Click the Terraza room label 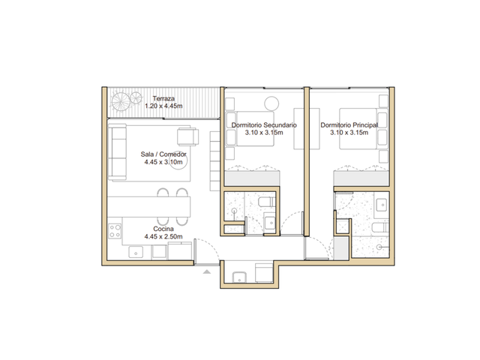pos(163,98)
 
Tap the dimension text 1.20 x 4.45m pos(163,106)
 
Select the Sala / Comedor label pos(163,154)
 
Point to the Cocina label pos(163,229)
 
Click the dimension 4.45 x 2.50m pos(163,236)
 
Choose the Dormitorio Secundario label pos(264,125)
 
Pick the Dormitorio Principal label pos(349,125)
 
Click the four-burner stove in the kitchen pos(115,231)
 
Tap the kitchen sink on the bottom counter pos(136,253)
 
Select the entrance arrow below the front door pos(207,271)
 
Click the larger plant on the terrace pos(121,102)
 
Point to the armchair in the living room pos(187,136)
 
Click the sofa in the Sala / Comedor pos(117,151)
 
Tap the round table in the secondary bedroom pos(271,103)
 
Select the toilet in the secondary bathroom pos(267,202)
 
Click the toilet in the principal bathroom pos(380,228)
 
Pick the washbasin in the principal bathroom pos(382,205)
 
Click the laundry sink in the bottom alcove pos(239,277)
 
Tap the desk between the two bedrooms pos(307,128)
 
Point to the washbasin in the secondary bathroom pos(270,223)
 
